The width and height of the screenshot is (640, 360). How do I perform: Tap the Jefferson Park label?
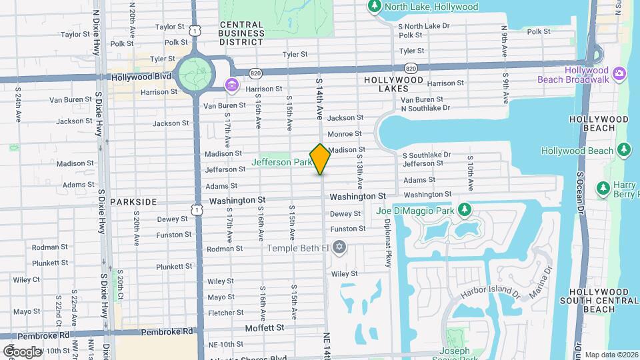click(x=282, y=162)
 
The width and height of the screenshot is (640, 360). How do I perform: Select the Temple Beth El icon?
click(x=339, y=248)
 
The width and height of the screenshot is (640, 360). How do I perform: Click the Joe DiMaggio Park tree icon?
click(x=465, y=211)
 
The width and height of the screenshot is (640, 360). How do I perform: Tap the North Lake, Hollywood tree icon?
click(x=374, y=7)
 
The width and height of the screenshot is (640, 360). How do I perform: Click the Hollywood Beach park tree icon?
click(x=623, y=150)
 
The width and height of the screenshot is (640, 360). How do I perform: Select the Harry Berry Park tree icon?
click(x=603, y=189)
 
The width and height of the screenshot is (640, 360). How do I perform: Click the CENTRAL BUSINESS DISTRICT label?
click(x=241, y=33)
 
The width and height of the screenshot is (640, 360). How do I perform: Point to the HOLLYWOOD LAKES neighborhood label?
click(x=393, y=84)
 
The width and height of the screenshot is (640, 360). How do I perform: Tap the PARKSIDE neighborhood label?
click(x=133, y=201)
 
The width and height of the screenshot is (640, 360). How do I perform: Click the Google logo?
click(x=21, y=351)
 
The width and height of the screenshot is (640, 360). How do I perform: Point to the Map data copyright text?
click(x=611, y=355)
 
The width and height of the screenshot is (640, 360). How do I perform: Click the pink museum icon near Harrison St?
click(x=231, y=85)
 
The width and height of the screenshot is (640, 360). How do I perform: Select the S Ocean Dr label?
click(x=580, y=193)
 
